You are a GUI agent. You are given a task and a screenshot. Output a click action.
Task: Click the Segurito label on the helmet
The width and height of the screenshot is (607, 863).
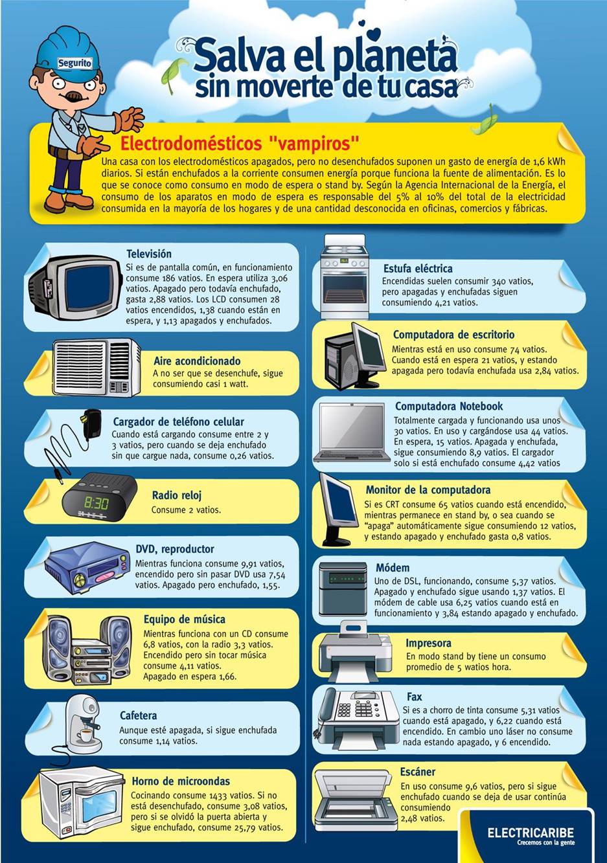(x=74, y=63)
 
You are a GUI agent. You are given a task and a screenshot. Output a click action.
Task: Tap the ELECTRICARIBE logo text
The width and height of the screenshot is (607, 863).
(x=531, y=833)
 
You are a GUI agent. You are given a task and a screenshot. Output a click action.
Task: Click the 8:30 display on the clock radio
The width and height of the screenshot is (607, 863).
(x=97, y=503)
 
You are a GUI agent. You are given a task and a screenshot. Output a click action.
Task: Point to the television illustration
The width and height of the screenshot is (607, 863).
(x=75, y=286)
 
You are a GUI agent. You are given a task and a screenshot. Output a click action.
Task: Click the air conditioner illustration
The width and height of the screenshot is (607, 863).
(x=97, y=367)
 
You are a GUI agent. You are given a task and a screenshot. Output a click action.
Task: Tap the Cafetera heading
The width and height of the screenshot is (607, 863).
(x=139, y=715)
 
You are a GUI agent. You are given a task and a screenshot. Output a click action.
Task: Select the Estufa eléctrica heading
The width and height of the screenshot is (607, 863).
(x=418, y=269)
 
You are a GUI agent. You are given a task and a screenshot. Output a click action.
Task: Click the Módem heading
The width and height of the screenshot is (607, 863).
(x=393, y=568)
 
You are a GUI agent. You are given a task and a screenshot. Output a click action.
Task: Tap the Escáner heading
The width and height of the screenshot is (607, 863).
(x=417, y=772)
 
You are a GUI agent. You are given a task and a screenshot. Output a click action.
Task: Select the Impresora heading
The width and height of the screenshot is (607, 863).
(x=428, y=643)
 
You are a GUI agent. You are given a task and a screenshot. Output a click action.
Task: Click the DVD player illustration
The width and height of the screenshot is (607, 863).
(x=87, y=566)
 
